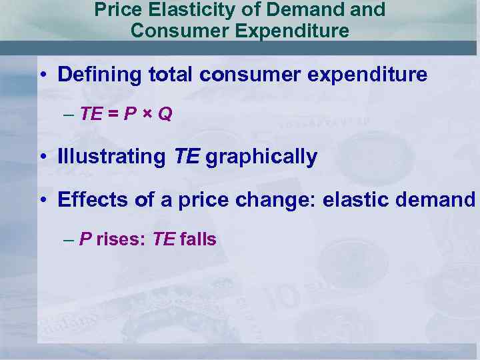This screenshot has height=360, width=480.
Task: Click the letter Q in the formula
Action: coord(165,114)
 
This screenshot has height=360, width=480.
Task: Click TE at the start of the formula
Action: coord(91,114)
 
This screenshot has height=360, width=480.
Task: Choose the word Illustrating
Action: coord(111,157)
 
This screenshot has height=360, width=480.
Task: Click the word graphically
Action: coord(261,157)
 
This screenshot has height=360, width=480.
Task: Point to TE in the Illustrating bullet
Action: coord(187,157)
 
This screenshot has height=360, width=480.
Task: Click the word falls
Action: coord(198,239)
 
